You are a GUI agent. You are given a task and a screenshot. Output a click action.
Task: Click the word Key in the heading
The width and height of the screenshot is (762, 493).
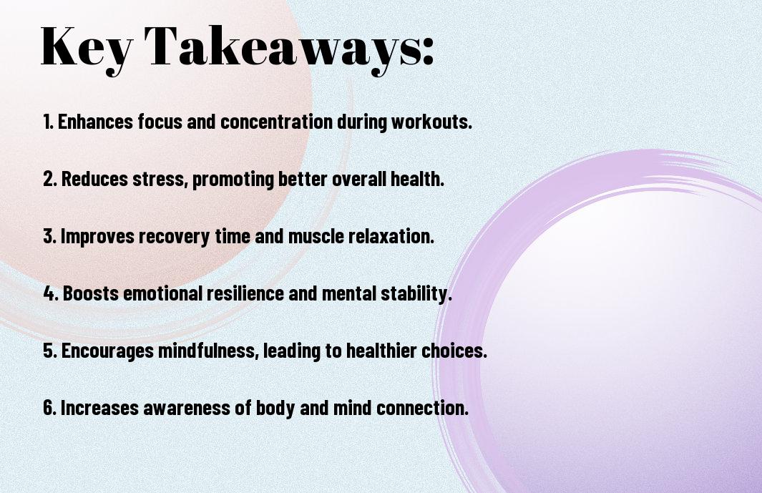86,49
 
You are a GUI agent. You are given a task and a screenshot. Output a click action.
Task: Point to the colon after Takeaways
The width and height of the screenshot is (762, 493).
428,51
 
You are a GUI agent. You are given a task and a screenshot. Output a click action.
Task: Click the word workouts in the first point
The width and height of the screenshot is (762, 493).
431,122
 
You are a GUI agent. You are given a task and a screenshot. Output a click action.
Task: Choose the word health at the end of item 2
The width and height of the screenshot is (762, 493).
417,179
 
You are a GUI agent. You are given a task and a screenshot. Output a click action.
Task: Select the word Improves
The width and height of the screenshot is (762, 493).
97,236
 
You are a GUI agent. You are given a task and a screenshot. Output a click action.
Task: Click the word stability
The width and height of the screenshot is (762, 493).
416,293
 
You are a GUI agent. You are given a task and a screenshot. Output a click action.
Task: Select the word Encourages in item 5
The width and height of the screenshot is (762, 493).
107,351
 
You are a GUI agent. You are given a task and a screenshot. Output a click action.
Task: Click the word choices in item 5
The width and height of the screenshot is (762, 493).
454,351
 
